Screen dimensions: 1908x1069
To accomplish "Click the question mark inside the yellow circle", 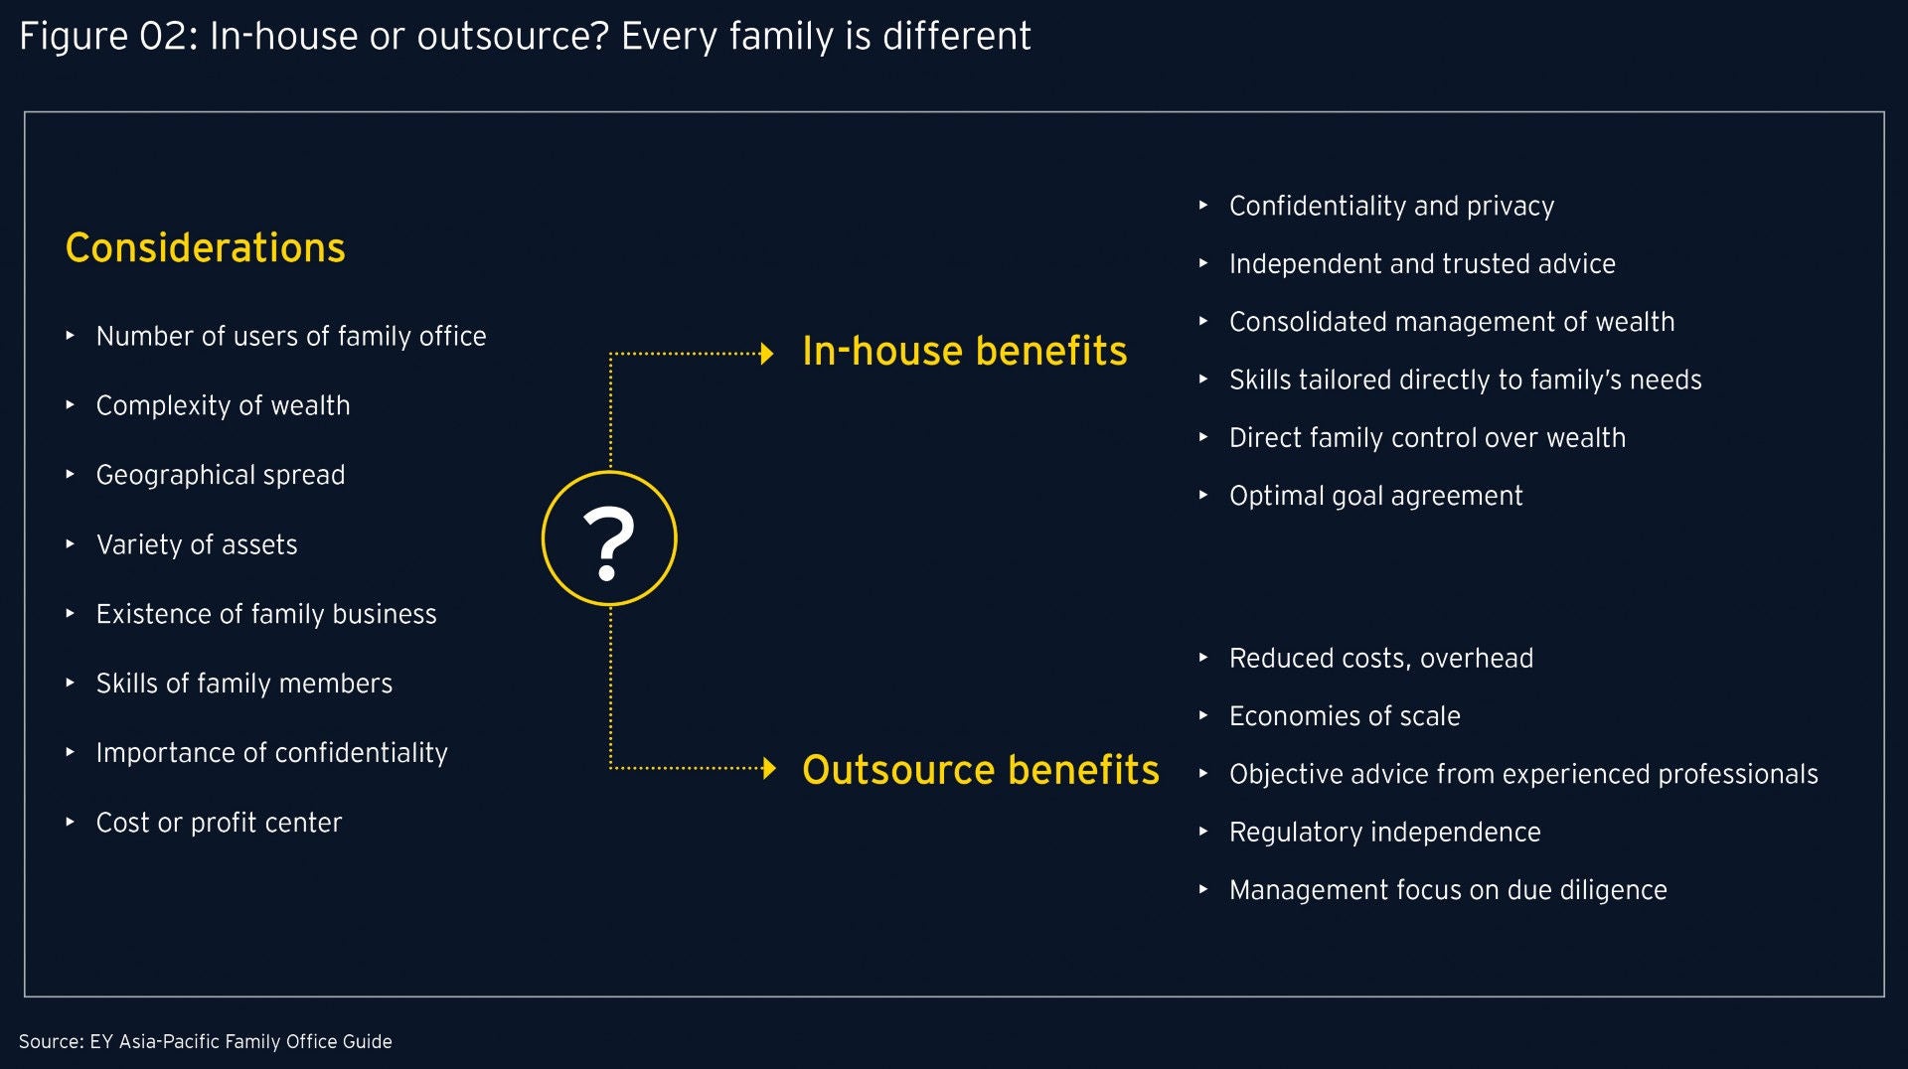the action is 608,542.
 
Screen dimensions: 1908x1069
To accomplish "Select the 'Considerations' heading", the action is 206,247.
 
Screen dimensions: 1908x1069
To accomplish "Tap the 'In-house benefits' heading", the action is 965,351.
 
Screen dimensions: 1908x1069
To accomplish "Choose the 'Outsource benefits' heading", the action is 981,770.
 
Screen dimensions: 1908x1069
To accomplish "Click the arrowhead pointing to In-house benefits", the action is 766,354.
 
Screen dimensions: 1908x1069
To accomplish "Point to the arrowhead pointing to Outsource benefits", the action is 768,768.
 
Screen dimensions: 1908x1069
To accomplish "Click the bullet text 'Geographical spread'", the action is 221,476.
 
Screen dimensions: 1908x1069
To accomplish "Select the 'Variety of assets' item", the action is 197,544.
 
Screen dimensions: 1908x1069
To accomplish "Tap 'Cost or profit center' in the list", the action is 219,823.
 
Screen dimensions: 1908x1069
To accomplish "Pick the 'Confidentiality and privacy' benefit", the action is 1391,207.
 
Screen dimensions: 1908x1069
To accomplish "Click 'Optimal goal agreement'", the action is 1375,496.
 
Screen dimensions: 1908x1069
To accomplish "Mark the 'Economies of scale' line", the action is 1345,716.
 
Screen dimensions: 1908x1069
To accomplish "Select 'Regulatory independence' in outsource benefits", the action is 1384,833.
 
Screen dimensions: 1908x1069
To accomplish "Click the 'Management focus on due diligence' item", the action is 1448,890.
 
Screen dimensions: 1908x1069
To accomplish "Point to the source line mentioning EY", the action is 206,1041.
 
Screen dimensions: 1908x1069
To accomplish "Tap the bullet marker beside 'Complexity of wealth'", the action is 70,405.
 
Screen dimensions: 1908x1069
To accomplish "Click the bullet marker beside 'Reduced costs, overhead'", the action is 1202,658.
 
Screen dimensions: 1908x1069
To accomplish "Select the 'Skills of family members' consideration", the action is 244,684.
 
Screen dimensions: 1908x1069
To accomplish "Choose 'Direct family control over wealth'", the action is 1427,438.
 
